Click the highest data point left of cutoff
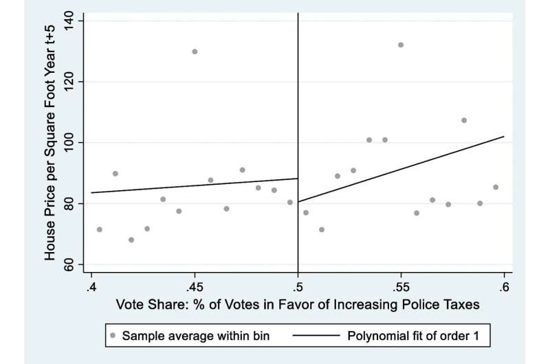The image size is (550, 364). click(195, 52)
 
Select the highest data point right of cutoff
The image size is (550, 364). click(401, 45)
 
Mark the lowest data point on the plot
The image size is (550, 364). click(131, 240)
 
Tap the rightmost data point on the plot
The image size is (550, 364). click(496, 187)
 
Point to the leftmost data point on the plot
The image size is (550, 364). click(100, 229)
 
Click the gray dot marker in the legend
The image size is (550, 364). click(112, 337)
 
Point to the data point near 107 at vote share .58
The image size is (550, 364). click(464, 120)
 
